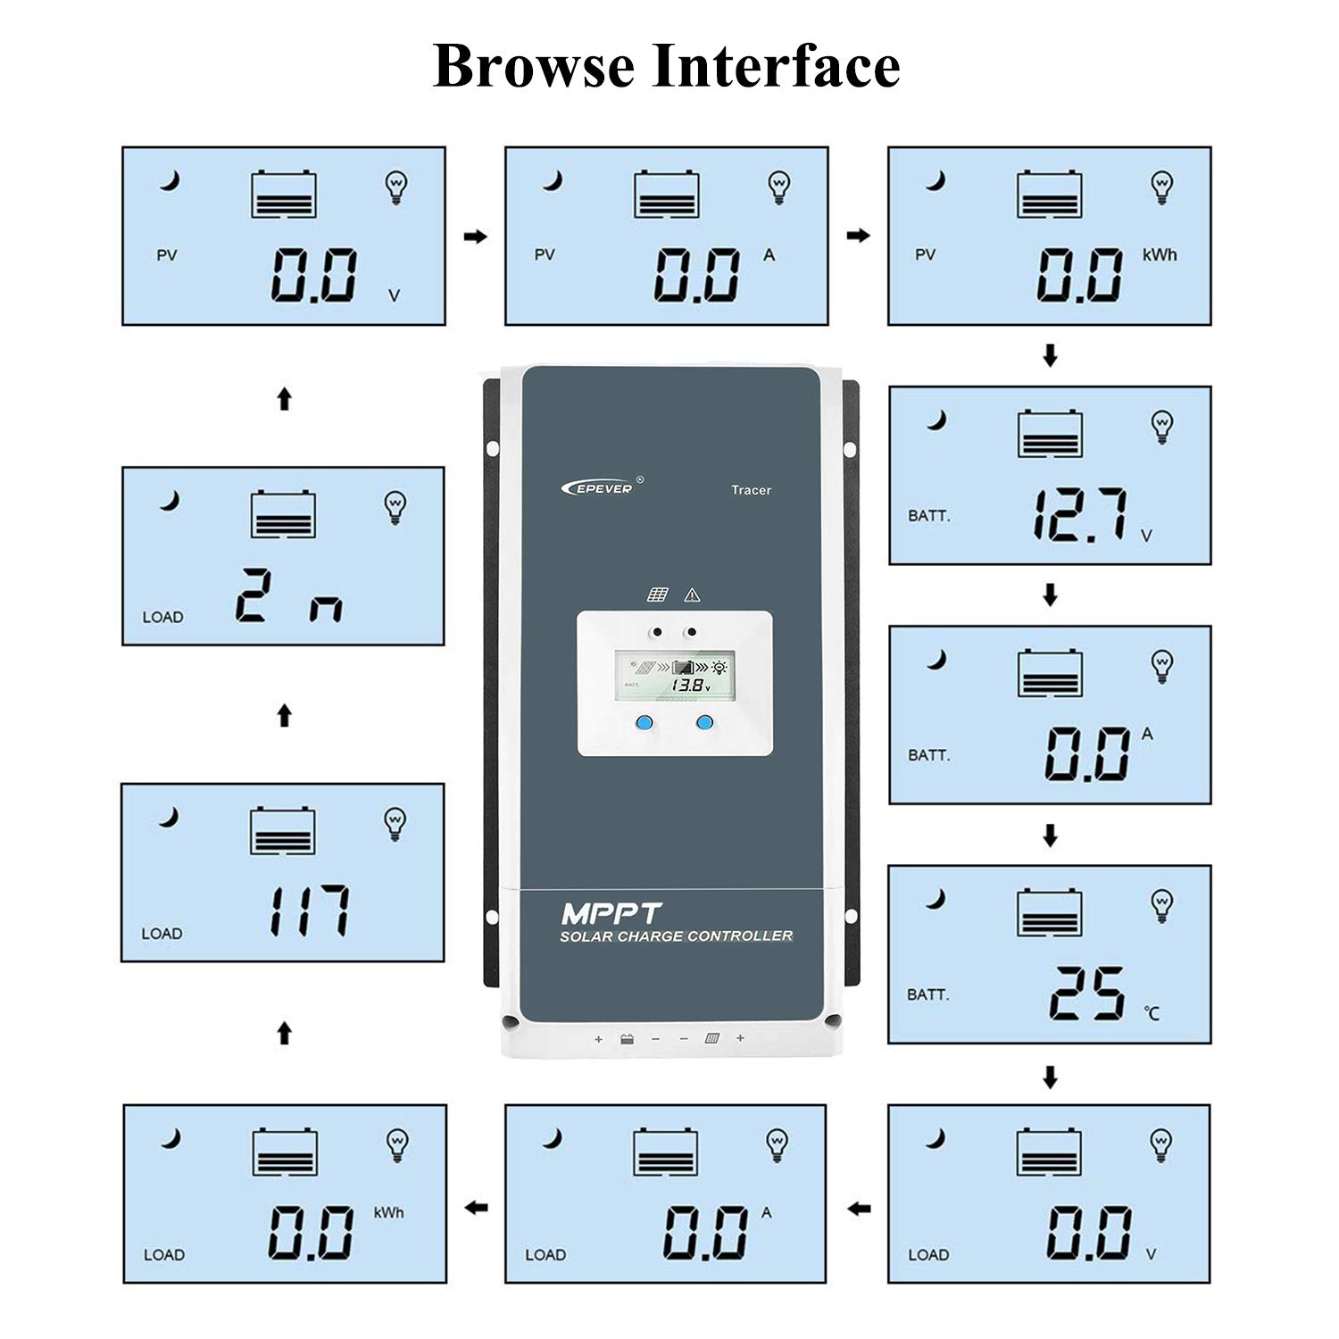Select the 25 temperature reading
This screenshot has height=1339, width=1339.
click(x=1086, y=993)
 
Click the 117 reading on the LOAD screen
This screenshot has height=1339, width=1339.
click(x=309, y=911)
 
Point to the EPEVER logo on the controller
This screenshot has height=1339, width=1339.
click(x=598, y=487)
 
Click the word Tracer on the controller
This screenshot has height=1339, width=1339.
click(x=751, y=490)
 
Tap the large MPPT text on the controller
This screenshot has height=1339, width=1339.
click(x=611, y=914)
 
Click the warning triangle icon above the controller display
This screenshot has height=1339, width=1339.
click(x=692, y=595)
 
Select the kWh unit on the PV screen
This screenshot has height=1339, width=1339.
click(x=1160, y=254)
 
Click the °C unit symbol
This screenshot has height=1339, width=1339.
click(x=1152, y=1012)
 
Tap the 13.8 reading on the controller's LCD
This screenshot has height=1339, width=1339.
click(x=688, y=686)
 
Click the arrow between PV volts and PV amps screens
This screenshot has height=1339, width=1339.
click(x=476, y=237)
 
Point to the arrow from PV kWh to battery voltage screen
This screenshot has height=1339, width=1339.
click(x=1050, y=356)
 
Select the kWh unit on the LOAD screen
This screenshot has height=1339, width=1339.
click(x=388, y=1212)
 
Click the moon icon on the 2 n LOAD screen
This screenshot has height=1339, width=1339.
click(x=170, y=501)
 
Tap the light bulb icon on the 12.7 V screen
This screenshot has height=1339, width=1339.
click(x=1161, y=426)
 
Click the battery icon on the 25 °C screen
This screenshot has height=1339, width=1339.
click(x=1050, y=913)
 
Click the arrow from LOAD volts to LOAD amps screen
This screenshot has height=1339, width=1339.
click(x=859, y=1209)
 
